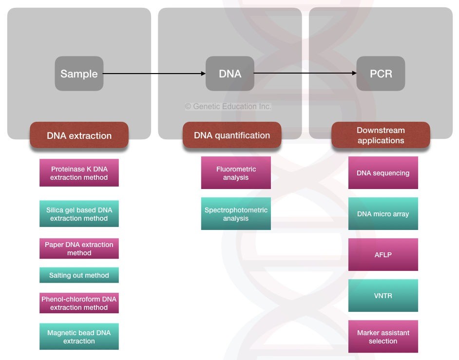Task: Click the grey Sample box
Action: tap(79, 74)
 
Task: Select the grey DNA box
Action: tap(230, 74)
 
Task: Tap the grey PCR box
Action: tap(381, 74)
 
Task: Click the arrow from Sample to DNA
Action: tap(154, 74)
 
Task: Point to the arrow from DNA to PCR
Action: tap(305, 74)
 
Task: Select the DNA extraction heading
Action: tap(79, 135)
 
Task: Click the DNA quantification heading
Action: tap(232, 135)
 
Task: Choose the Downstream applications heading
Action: tap(381, 135)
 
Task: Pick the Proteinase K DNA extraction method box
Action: tap(79, 173)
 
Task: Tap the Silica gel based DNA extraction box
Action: tap(79, 214)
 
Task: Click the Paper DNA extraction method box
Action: tap(79, 248)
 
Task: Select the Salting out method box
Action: tap(79, 275)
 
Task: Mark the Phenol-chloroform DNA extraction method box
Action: tap(79, 303)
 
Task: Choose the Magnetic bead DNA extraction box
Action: tap(79, 337)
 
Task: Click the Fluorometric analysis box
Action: tap(236, 173)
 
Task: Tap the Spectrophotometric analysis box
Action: tap(236, 214)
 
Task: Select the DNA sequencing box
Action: tap(383, 173)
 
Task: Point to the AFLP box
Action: tap(383, 255)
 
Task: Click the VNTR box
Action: tap(383, 296)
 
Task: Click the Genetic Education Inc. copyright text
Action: tap(228, 106)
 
